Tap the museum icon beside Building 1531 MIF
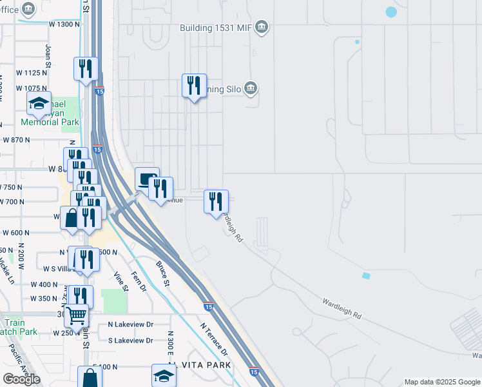[262, 27]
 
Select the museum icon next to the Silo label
[251, 88]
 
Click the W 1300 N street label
[64, 24]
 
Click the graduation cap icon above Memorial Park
[39, 103]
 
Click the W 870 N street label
[17, 139]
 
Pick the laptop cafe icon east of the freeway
[147, 178]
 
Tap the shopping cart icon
[77, 315]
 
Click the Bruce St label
[162, 273]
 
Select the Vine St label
[120, 281]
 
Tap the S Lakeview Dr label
[130, 340]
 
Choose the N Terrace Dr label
[214, 339]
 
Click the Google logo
[21, 379]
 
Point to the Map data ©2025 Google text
[441, 382]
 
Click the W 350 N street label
[44, 299]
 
